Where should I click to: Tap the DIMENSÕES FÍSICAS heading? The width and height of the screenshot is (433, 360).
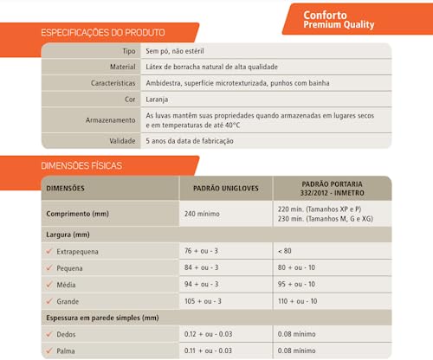[x=81, y=164]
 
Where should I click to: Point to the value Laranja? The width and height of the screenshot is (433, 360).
[x=158, y=99]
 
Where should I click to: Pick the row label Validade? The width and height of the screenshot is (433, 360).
[x=122, y=139]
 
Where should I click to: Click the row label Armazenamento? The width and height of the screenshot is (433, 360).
[x=110, y=119]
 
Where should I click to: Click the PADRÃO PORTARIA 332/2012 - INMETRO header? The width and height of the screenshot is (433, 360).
[x=332, y=188]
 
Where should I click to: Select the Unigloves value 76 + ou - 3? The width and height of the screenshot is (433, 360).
[x=202, y=251]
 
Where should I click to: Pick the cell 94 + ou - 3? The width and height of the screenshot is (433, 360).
[x=202, y=284]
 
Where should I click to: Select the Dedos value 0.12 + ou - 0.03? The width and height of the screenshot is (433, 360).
[x=209, y=333]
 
